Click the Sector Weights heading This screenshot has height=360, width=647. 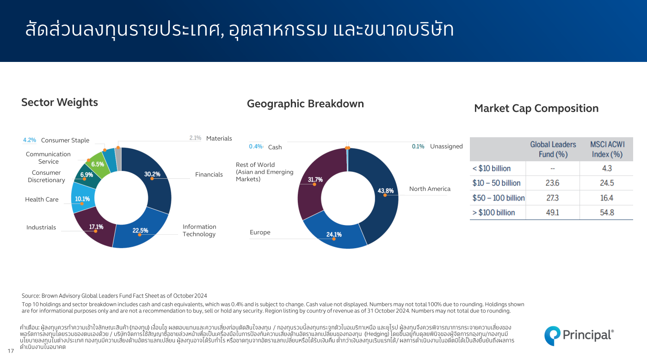[x=60, y=103]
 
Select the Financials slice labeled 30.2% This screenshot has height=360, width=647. [x=157, y=179]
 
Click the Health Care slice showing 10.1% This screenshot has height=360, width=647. [x=83, y=199]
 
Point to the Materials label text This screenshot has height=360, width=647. [x=219, y=139]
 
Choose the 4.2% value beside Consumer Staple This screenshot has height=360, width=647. [x=30, y=140]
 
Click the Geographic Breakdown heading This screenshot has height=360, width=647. [x=305, y=104]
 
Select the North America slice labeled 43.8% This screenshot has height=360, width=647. [x=381, y=194]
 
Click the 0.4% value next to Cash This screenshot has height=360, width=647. [x=256, y=146]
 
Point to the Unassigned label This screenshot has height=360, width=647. [x=446, y=146]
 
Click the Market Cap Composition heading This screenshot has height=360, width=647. [x=536, y=109]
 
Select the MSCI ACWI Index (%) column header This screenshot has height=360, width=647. [x=607, y=149]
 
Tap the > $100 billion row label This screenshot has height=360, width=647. [x=493, y=213]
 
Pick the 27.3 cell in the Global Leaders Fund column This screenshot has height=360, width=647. [x=553, y=198]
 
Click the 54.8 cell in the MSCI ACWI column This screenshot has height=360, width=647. [x=607, y=213]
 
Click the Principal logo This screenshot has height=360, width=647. [x=579, y=336]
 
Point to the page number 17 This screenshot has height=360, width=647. [x=11, y=351]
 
